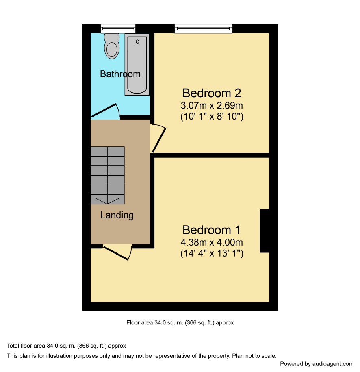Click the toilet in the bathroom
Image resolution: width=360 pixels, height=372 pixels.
tap(112, 46)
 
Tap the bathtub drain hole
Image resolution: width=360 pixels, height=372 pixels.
tap(138, 42)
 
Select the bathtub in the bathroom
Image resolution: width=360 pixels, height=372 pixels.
tap(137, 65)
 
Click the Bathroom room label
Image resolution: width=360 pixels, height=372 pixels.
tap(120, 74)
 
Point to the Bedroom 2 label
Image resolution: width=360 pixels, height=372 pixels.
tap(212, 93)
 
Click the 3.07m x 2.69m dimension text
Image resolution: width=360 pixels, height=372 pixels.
tap(212, 105)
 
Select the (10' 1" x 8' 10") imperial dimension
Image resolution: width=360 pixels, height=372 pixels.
tap(212, 117)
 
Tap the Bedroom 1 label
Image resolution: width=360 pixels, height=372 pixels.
tap(212, 230)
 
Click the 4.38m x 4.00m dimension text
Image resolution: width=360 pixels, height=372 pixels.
tap(212, 242)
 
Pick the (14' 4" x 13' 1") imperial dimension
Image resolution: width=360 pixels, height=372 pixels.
tap(212, 253)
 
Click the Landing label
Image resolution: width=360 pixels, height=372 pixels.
tap(117, 215)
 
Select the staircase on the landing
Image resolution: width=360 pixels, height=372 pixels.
tap(107, 175)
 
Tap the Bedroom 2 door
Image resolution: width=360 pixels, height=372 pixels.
tap(159, 140)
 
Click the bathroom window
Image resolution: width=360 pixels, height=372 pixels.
tap(118, 29)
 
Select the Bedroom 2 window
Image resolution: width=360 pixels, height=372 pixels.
tap(203, 29)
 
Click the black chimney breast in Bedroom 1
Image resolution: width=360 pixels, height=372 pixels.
tap(265, 231)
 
